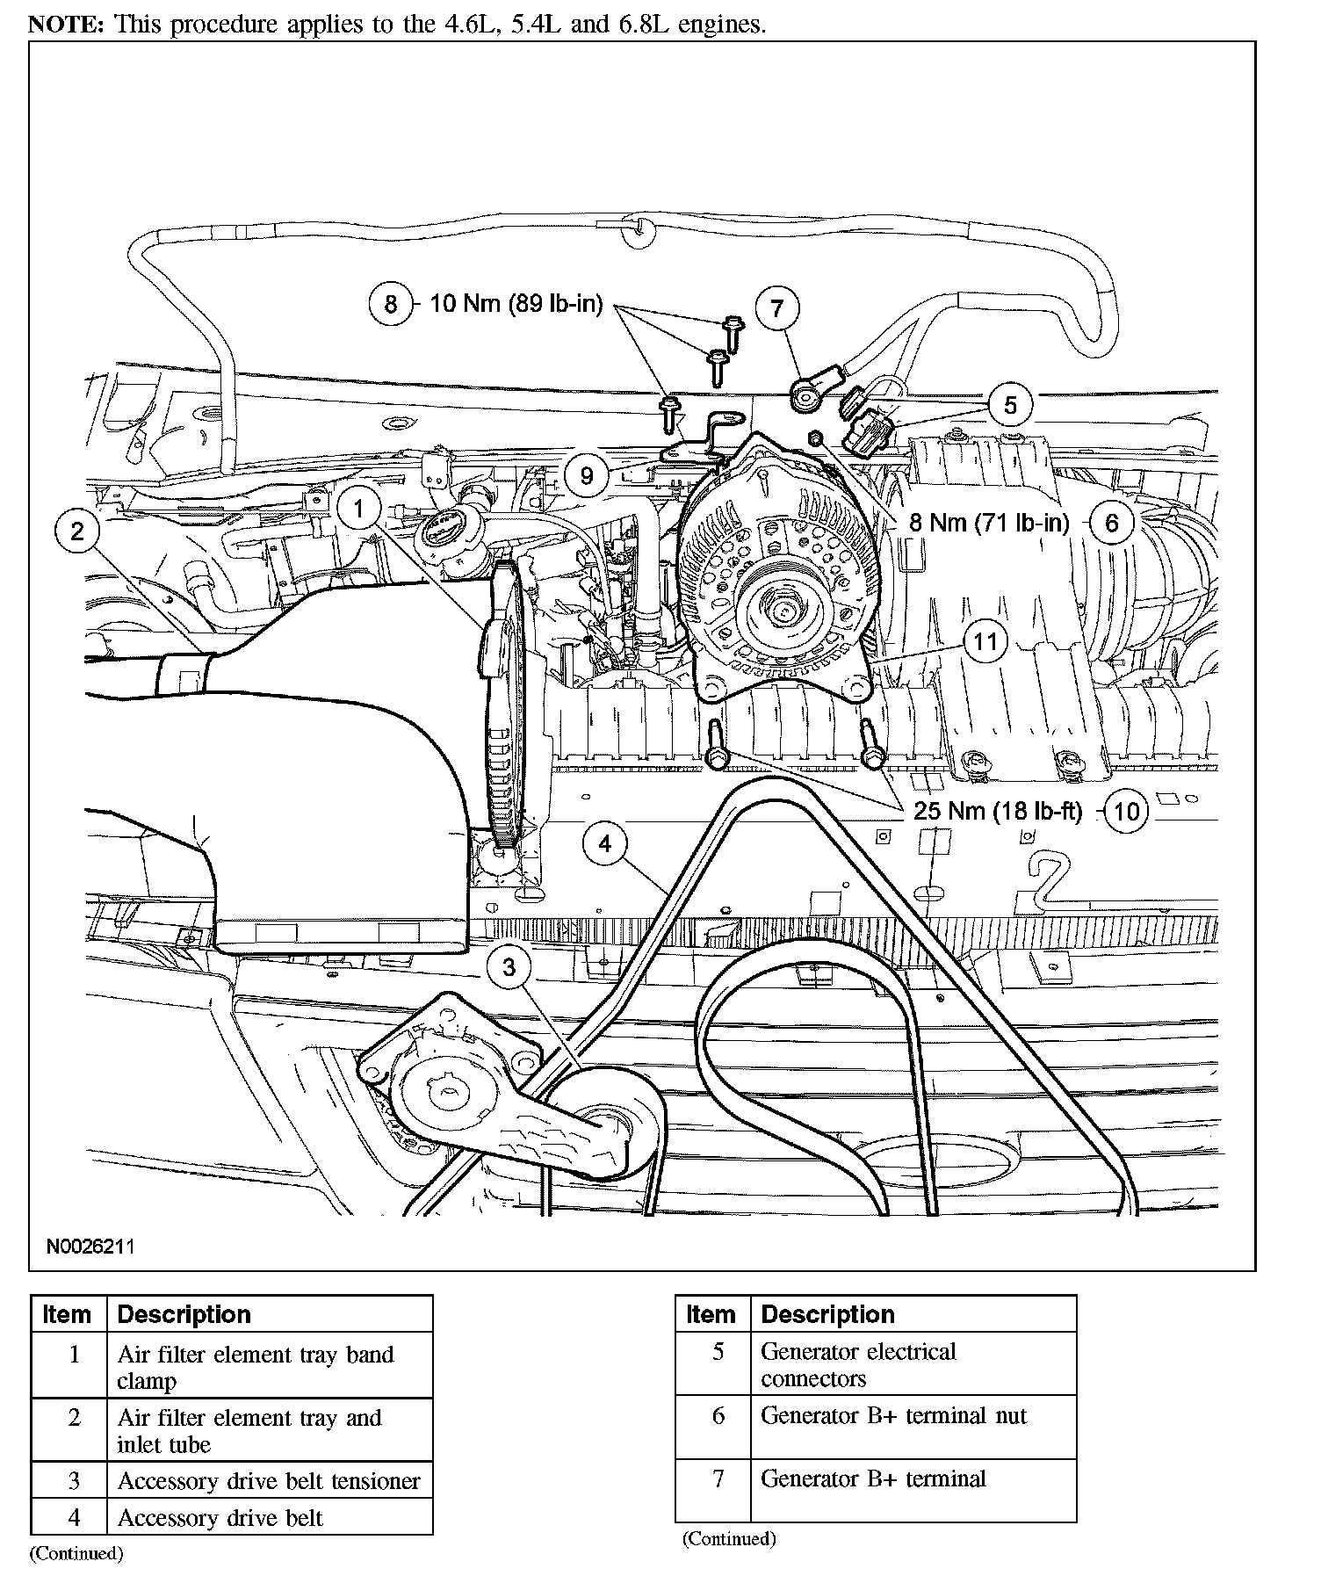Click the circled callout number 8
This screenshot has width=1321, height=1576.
(391, 304)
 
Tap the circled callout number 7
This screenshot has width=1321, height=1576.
(776, 308)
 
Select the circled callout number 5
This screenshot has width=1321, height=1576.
(1010, 405)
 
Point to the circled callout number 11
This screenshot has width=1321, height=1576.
(985, 641)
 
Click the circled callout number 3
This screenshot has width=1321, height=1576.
(509, 967)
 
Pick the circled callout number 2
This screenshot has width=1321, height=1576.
(77, 531)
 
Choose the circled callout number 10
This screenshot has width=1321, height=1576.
(1126, 811)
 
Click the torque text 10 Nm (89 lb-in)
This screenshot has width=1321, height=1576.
(516, 304)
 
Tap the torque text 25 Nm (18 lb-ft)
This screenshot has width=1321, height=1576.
(998, 811)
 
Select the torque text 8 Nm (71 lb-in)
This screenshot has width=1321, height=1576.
(989, 524)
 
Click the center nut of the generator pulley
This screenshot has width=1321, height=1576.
(780, 605)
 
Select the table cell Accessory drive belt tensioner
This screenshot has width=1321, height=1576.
(269, 1481)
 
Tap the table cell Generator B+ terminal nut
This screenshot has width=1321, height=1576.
(893, 1415)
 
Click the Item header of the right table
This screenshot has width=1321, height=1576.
(711, 1314)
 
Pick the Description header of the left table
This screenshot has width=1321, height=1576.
(184, 1314)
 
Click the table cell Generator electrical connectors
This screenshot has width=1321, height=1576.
(858, 1364)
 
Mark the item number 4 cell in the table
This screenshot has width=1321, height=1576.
(74, 1517)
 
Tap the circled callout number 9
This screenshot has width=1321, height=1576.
(586, 475)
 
